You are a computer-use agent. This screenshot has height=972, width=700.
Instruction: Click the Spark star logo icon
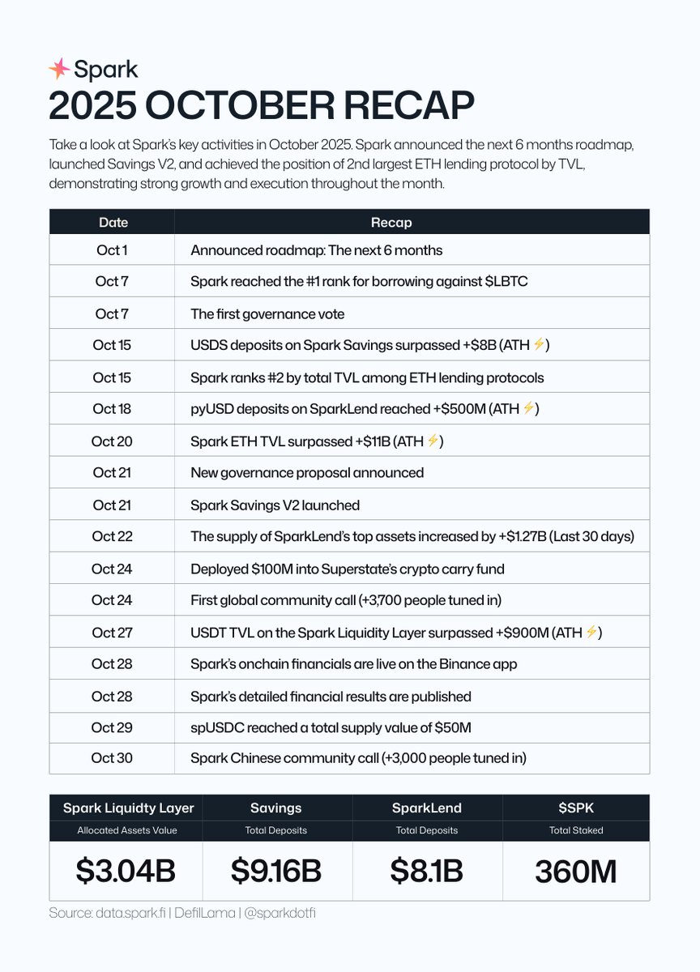click(x=59, y=69)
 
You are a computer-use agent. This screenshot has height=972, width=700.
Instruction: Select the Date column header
click(x=113, y=222)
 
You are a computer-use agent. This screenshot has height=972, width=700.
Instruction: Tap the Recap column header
click(x=391, y=222)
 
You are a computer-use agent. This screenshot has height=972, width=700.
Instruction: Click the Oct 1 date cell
click(x=112, y=250)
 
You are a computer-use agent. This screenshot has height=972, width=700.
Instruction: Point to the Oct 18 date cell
click(x=112, y=409)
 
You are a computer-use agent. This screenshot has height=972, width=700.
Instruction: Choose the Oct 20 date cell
click(x=112, y=441)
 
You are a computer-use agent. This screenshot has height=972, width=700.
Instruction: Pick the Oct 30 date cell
click(x=112, y=758)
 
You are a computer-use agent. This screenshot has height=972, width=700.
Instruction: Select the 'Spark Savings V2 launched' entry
click(x=275, y=505)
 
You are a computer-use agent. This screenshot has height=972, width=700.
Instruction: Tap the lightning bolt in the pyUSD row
click(x=528, y=409)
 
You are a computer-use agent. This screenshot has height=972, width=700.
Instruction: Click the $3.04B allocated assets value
click(x=126, y=871)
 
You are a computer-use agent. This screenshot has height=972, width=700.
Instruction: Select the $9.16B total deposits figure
click(x=276, y=871)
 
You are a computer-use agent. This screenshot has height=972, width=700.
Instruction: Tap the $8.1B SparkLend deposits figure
click(x=426, y=871)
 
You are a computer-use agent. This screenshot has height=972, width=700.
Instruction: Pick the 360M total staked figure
click(x=575, y=872)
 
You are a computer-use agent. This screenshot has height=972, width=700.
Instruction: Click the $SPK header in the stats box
click(x=575, y=808)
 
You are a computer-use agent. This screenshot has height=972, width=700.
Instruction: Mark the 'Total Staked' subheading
click(x=575, y=830)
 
